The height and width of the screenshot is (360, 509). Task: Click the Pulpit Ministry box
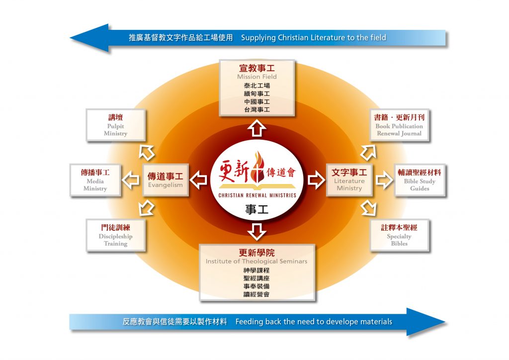pos(115,125)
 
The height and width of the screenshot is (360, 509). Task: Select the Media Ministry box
pos(95,180)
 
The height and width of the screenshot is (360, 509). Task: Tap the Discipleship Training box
pos(115,235)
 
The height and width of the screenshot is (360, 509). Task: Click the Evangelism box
pos(166,180)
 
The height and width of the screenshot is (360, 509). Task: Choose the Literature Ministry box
pos(349,180)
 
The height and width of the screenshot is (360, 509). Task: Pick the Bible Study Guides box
pos(420,180)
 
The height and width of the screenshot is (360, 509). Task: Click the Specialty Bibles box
pos(400,235)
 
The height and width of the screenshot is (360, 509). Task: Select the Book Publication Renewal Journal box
pos(400,125)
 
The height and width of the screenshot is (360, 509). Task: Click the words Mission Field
pos(257,77)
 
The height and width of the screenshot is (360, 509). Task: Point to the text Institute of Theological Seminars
pos(256,262)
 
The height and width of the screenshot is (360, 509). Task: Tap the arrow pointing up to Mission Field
pos(257,128)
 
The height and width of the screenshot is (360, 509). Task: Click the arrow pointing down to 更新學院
pos(257,231)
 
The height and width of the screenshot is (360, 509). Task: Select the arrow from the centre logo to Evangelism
pos(198,180)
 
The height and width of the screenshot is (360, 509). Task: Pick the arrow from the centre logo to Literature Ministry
pos(316,180)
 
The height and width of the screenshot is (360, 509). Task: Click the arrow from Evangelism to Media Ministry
pos(131,180)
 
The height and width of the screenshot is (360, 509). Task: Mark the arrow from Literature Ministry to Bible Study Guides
pos(384,180)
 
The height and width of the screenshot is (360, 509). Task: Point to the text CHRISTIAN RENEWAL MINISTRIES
pos(257,195)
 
